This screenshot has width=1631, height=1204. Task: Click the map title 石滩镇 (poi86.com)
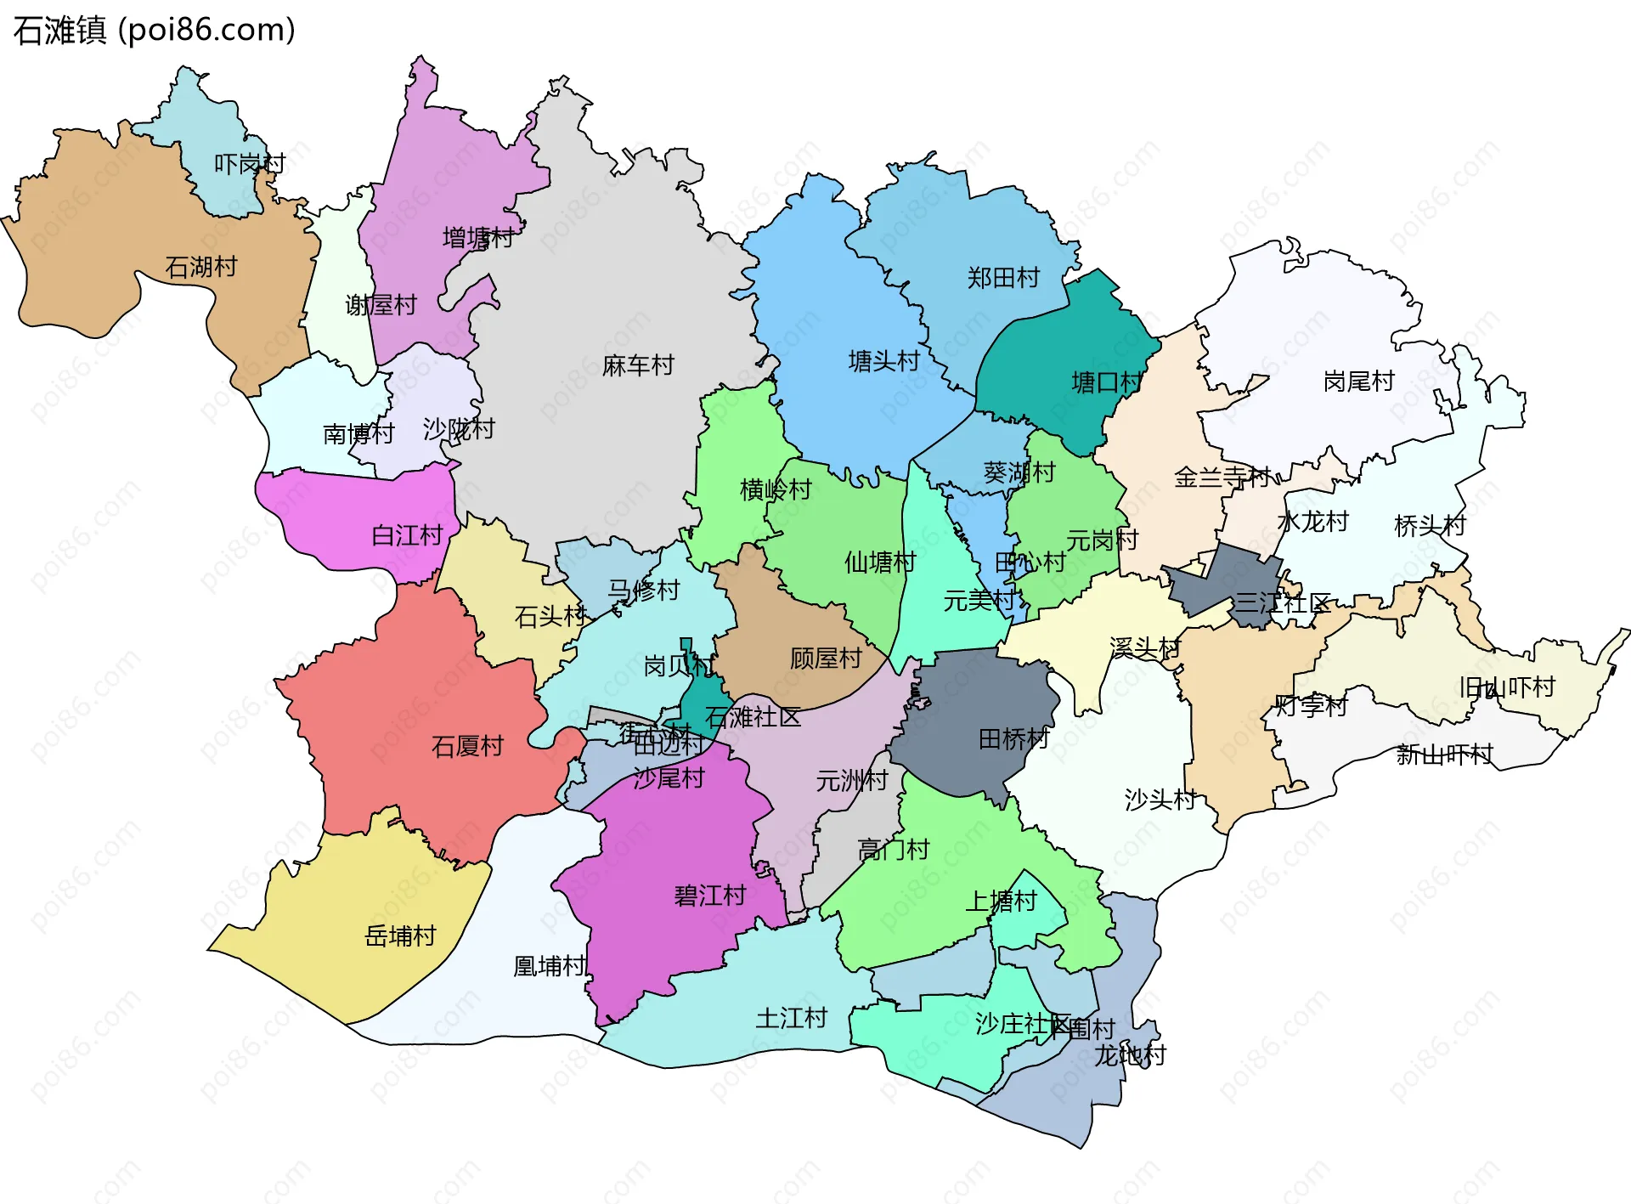click(x=154, y=31)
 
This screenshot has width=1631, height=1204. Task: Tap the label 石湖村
click(x=201, y=268)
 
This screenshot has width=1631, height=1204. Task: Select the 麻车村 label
click(x=638, y=366)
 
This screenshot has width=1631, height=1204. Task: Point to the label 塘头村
click(x=884, y=362)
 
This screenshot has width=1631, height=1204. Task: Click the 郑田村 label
click(x=1003, y=278)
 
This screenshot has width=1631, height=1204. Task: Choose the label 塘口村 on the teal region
click(x=1107, y=382)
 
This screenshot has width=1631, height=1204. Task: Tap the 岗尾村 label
click(x=1359, y=382)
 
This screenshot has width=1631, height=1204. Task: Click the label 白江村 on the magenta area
click(x=408, y=535)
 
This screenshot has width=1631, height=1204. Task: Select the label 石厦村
click(x=467, y=747)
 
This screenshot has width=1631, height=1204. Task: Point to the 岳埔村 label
click(x=400, y=936)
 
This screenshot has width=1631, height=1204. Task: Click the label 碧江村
click(x=710, y=896)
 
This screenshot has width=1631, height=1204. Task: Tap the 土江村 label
click(x=792, y=1018)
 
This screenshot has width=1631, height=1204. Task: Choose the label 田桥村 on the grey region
click(x=1014, y=739)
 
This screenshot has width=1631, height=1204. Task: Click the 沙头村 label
click(x=1160, y=800)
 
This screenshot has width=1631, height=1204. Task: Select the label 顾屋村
click(x=826, y=659)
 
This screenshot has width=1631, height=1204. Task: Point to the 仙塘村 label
click(x=880, y=562)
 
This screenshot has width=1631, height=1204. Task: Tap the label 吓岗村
click(x=250, y=164)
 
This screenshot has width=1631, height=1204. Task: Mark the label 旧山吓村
click(x=1507, y=687)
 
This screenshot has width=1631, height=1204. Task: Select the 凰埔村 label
click(x=550, y=966)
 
